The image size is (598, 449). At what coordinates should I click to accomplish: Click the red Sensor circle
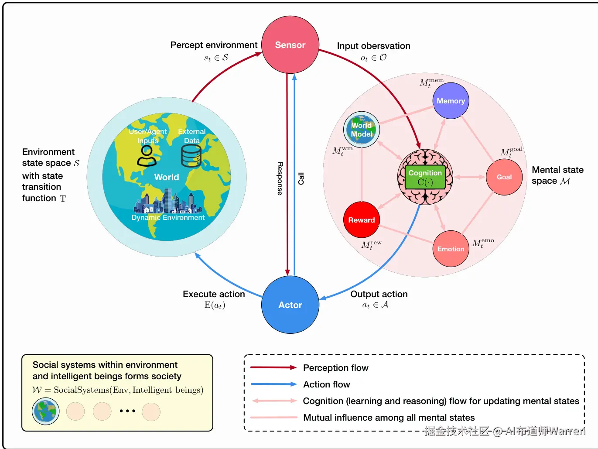coord(290,45)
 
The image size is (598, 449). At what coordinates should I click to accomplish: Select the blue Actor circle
coord(290,305)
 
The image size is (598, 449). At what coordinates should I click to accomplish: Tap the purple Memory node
coord(451,101)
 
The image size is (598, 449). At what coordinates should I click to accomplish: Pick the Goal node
coord(504,177)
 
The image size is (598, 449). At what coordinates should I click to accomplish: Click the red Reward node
coord(362,219)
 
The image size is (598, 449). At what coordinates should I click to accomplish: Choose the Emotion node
coord(451,249)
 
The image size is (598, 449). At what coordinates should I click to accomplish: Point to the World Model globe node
coord(362,130)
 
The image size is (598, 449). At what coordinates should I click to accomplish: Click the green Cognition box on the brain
coord(425,177)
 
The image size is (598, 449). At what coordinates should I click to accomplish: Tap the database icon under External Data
coord(191,156)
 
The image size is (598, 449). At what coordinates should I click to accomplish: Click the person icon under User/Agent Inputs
coord(147,156)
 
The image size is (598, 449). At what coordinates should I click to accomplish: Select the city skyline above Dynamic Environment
coord(167,201)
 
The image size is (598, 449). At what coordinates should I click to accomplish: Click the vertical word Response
coord(280,179)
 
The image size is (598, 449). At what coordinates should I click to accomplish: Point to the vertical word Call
coord(301,179)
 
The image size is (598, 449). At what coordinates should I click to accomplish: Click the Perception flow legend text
coord(336,368)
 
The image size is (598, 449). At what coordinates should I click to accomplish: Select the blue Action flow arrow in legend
coord(274,384)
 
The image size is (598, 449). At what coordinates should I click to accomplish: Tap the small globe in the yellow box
coord(45,411)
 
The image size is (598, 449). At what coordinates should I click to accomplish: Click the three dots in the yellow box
coord(127,411)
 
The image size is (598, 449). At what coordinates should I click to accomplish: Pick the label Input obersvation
coord(373,46)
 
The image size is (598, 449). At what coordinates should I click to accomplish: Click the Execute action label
coord(214,294)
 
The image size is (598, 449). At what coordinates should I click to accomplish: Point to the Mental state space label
coord(558,175)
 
